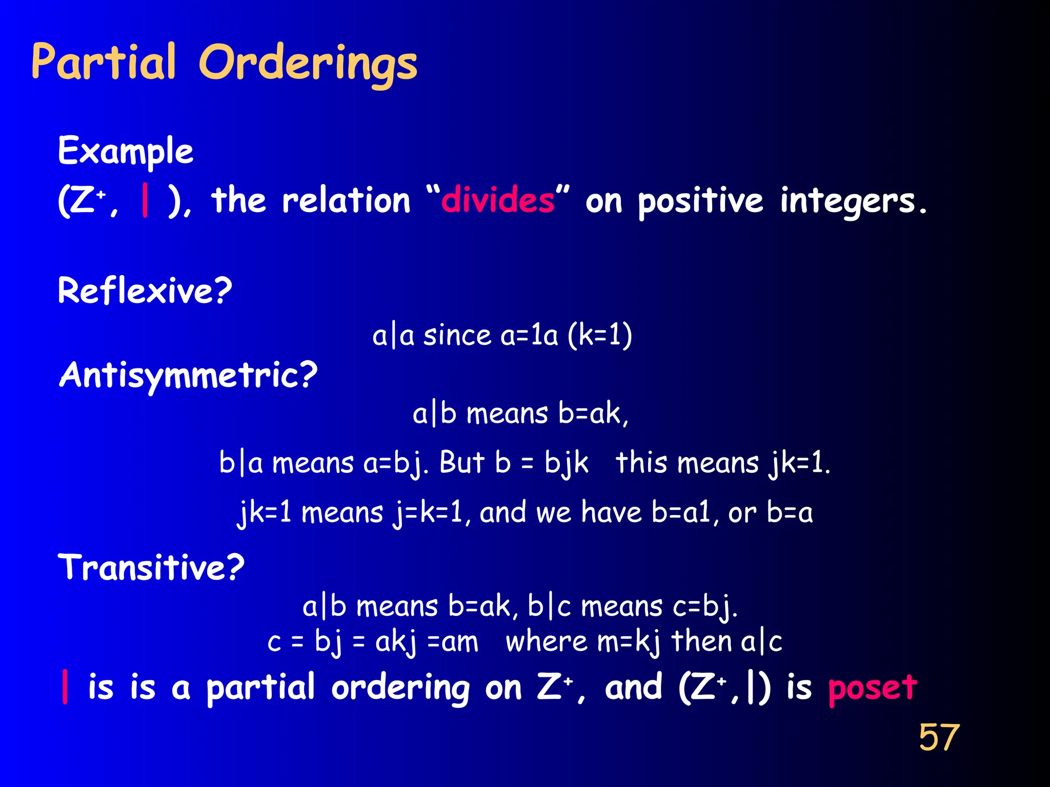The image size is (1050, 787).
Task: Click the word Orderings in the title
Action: coord(308,64)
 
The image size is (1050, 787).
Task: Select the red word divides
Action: coord(498,200)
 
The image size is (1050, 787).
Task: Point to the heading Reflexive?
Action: coord(145,291)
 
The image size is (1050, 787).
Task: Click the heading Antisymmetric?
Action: coord(188,376)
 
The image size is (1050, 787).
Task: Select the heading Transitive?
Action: coord(151,568)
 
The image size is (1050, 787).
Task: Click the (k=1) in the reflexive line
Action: coord(600,336)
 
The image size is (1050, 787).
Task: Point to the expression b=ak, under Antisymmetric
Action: coord(593,414)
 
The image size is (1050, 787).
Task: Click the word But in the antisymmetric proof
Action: coord(461,463)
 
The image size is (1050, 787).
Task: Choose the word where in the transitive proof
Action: coord(547,642)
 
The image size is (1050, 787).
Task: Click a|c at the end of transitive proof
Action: coord(761,642)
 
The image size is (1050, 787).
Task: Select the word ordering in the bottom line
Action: coord(400,689)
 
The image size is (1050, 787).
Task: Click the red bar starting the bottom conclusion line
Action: coord(65,687)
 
